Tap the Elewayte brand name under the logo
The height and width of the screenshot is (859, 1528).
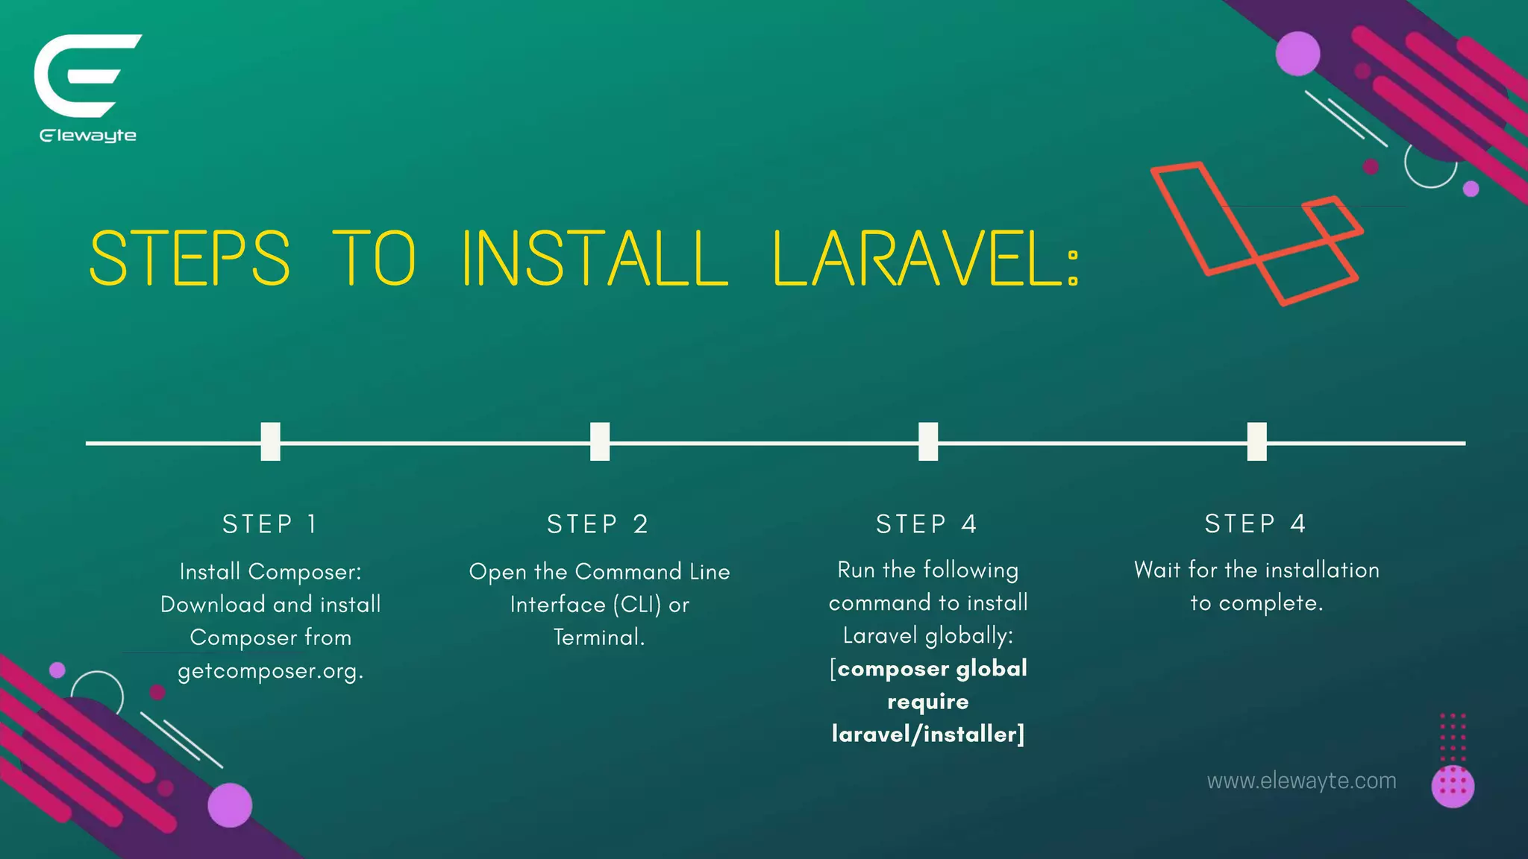[88, 136]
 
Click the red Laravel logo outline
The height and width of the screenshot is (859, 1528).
[1256, 233]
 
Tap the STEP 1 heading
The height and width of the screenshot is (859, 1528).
[270, 524]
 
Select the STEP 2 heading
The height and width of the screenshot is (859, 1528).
[598, 524]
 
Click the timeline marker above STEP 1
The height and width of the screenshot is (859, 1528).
[270, 441]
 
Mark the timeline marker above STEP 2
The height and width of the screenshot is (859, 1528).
[600, 441]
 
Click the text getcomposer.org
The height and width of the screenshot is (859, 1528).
[270, 671]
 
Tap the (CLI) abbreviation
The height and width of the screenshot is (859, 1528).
[638, 605]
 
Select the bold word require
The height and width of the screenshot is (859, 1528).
[927, 702]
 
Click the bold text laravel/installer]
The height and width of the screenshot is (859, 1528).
[928, 735]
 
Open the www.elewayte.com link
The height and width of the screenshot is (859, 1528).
[1301, 781]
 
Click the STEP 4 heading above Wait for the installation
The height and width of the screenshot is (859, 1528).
[1256, 523]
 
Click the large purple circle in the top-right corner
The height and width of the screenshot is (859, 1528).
[1297, 54]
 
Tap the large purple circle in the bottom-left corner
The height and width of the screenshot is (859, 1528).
[230, 805]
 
